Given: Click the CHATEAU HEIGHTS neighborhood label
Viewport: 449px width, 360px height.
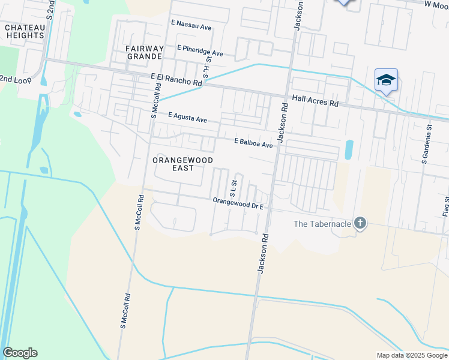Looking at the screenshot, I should (x=25, y=31).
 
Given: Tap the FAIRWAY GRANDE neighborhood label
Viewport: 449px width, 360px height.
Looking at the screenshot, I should (x=144, y=52).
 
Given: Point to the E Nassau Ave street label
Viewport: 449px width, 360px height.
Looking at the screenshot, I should (x=191, y=26).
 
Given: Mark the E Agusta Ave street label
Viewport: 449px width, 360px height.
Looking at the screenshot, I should (x=187, y=117).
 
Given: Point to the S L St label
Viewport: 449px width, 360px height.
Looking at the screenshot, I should (x=234, y=188).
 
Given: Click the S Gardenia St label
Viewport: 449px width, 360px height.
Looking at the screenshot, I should (x=426, y=144).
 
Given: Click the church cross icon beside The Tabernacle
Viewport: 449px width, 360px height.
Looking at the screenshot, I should (x=360, y=224).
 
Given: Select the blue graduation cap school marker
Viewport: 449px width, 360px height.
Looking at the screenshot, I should (x=386, y=80).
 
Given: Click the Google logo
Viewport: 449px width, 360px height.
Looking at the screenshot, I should (x=20, y=353).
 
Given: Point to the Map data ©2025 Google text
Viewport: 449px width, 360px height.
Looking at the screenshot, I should (x=412, y=355).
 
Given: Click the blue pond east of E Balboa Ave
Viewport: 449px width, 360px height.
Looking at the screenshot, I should (x=349, y=150).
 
